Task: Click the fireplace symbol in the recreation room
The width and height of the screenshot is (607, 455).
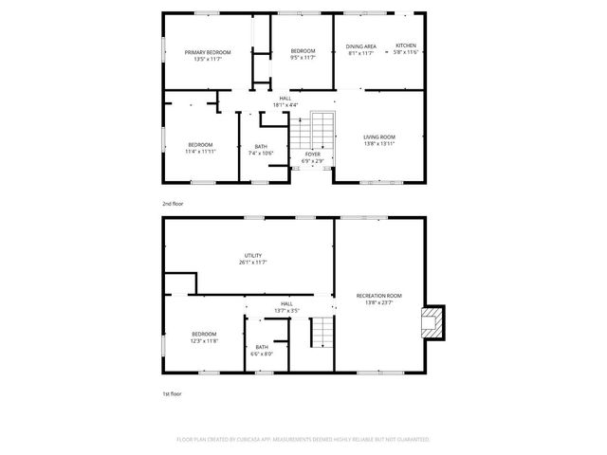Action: click(x=432, y=322)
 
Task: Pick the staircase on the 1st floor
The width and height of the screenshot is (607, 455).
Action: click(x=323, y=333)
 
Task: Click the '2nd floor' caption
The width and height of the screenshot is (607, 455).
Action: click(x=172, y=204)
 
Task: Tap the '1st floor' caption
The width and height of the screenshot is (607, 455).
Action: click(x=171, y=392)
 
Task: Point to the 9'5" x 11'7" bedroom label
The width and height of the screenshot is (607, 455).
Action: click(x=303, y=53)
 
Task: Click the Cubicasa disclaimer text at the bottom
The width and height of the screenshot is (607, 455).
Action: click(x=303, y=440)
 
